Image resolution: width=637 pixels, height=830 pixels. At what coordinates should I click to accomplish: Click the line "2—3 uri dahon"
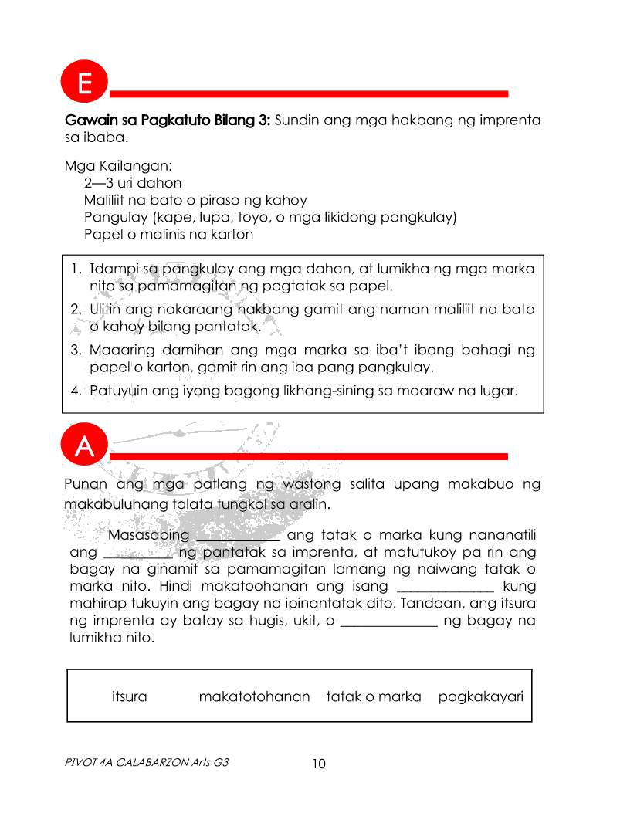pos(133,183)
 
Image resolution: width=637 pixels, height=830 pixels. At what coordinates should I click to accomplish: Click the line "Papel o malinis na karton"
pos(168,234)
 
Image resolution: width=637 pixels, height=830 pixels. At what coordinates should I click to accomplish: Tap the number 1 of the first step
pos(74,269)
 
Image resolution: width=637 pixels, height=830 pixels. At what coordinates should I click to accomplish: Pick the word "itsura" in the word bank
pos(129,696)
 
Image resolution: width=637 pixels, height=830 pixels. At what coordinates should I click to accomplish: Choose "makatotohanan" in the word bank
pos(254,696)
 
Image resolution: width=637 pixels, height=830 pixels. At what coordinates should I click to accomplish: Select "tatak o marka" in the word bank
pos(374,696)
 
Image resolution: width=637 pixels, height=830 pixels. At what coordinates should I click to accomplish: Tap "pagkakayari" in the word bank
pos(481,696)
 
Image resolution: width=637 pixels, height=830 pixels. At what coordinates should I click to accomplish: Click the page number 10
pos(319,764)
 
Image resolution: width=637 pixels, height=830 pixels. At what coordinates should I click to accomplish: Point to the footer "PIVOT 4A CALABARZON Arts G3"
pos(147,762)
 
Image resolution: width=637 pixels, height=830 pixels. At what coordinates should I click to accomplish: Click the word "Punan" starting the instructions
pos(85,485)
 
